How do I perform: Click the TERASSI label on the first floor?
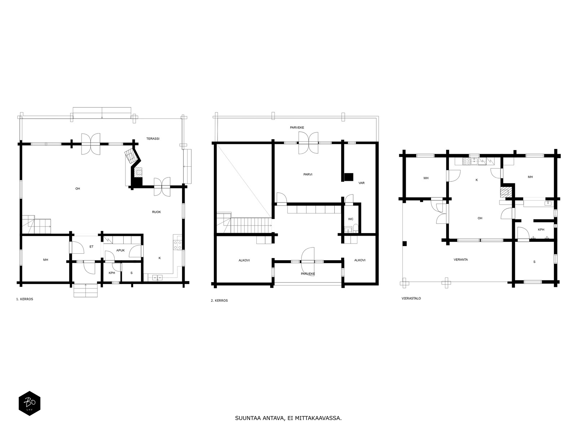click(153, 139)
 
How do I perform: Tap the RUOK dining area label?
click(157, 212)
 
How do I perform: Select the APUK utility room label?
click(120, 250)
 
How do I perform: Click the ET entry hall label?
click(92, 246)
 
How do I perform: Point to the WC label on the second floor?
click(351, 219)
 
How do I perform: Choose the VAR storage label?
click(361, 183)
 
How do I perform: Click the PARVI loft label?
click(308, 174)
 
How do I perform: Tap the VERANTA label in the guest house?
click(461, 259)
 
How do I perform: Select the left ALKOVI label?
click(244, 260)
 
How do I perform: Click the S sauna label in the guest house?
click(534, 262)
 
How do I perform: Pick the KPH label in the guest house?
click(541, 229)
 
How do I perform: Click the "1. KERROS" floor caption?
click(25, 299)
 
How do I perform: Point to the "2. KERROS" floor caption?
click(219, 301)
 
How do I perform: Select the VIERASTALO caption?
click(411, 298)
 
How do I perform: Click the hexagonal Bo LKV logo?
click(30, 403)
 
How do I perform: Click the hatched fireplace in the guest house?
click(506, 192)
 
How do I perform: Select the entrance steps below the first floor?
click(85, 290)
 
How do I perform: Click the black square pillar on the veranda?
click(405, 244)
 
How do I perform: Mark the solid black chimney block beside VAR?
click(349, 177)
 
